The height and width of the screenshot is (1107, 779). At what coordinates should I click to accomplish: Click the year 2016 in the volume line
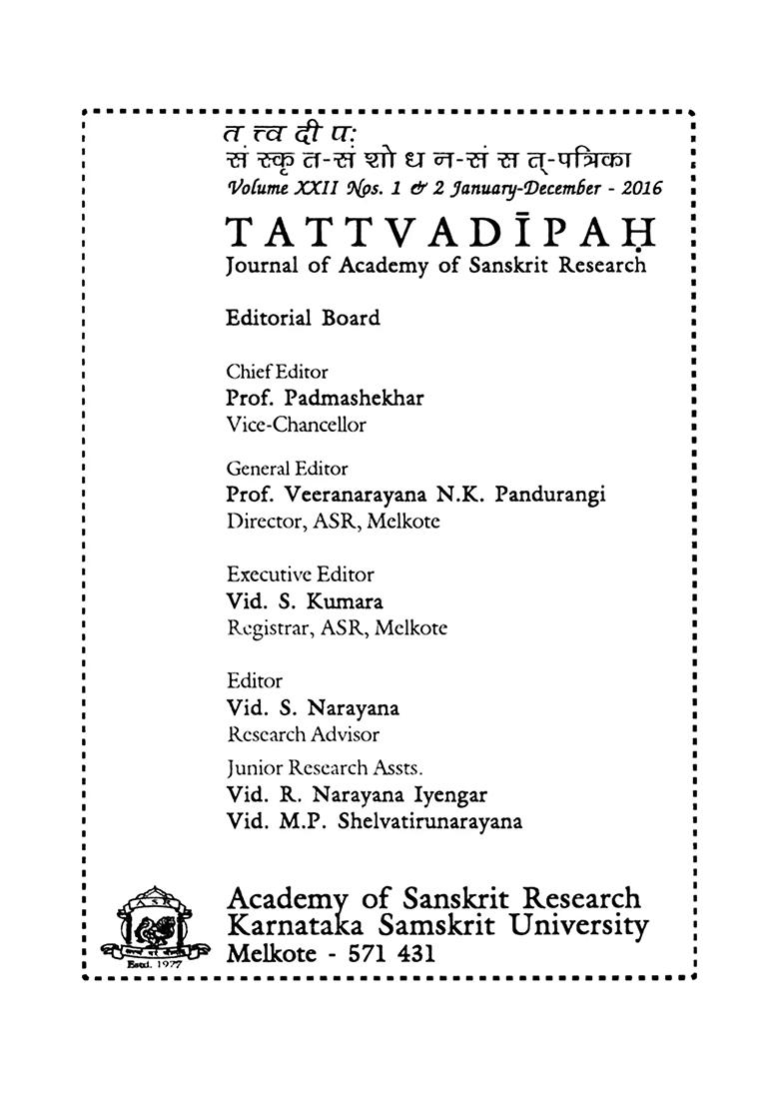tap(636, 187)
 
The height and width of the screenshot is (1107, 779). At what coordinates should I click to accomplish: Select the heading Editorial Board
tap(304, 318)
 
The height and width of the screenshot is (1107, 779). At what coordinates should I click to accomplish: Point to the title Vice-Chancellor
tap(297, 424)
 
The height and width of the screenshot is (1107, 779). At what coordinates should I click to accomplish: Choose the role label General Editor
tap(288, 468)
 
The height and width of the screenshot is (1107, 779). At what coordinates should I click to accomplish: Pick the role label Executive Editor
tap(301, 574)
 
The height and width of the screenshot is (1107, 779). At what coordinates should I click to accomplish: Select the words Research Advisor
tap(304, 734)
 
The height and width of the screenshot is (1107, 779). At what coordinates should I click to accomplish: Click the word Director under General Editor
tap(262, 521)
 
